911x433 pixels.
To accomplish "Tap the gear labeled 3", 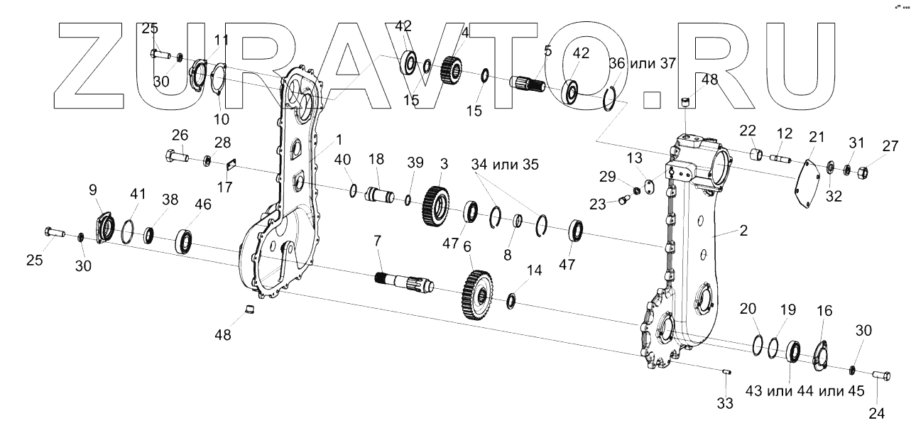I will [437, 205].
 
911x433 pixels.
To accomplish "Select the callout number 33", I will [724, 404].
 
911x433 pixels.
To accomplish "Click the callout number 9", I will [93, 190].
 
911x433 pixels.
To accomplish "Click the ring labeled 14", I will [512, 302].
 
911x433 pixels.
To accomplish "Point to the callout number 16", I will [824, 311].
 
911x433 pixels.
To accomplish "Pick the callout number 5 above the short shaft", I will [547, 51].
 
